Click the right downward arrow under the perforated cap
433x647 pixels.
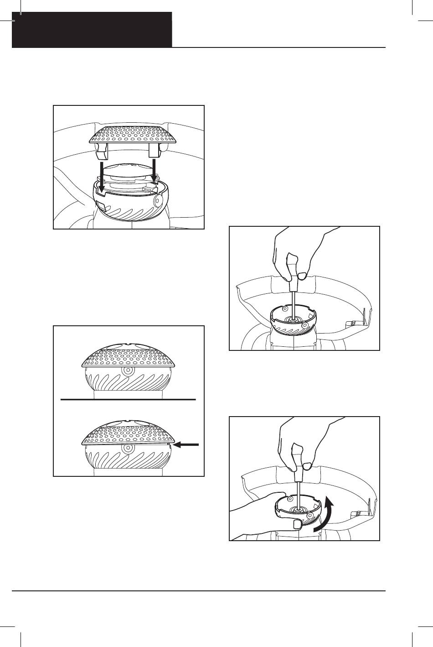coord(155,171)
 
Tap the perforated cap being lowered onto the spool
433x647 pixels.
coord(129,133)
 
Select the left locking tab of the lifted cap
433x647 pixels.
coord(102,148)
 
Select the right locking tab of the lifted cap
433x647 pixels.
coord(155,148)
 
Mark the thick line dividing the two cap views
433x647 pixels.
coord(128,399)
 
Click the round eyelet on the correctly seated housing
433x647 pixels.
coord(128,370)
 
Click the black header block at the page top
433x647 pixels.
coord(92,30)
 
